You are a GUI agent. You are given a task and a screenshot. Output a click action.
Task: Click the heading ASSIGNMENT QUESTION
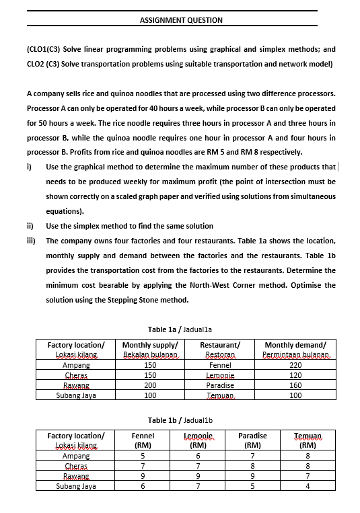coord(180,20)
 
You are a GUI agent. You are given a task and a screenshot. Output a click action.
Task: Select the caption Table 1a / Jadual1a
coord(180,329)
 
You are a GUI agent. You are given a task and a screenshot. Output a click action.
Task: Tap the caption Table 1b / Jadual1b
coord(180,420)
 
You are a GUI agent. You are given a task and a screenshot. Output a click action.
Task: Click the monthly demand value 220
coord(295,365)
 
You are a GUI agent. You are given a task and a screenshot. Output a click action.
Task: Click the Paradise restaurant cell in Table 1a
coord(220,385)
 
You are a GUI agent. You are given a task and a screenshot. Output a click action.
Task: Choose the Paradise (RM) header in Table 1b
coord(252,440)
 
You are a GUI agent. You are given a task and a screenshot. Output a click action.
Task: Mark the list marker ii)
coord(31,226)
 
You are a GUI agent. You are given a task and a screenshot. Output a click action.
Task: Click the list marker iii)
coord(32,241)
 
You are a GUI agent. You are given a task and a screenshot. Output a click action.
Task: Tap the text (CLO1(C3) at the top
coord(44,50)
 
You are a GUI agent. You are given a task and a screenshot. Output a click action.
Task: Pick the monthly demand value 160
coord(295,385)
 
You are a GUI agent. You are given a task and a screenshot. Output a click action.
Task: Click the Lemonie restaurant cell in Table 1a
coord(220,375)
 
